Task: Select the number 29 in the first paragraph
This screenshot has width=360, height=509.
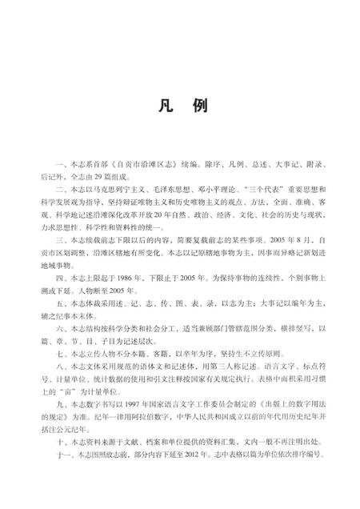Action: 114,175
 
